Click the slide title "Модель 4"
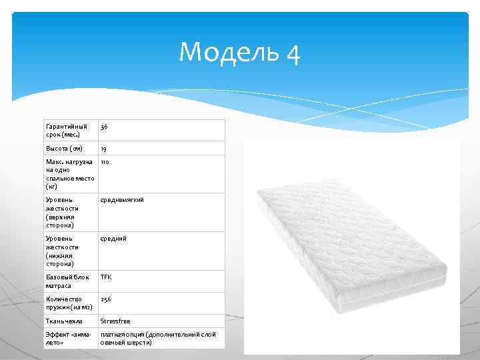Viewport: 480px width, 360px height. tap(239, 52)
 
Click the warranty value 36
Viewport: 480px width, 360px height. tap(105, 127)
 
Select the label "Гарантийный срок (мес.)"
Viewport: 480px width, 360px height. tap(66, 130)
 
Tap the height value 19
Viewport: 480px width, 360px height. tap(104, 148)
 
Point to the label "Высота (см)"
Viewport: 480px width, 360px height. tap(64, 148)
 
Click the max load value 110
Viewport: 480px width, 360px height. tap(105, 161)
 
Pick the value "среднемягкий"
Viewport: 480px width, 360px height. tap(122, 199)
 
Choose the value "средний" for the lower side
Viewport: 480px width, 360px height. tap(113, 238)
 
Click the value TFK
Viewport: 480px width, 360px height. tap(107, 277)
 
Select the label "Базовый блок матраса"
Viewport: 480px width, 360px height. tap(67, 281)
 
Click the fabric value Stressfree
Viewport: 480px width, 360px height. tap(117, 321)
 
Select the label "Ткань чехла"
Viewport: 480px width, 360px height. tap(64, 321)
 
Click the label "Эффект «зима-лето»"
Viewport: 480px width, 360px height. tap(67, 338)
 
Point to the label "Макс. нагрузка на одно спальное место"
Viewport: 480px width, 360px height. tap(69, 174)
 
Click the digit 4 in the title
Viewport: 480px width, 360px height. tap(293, 53)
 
